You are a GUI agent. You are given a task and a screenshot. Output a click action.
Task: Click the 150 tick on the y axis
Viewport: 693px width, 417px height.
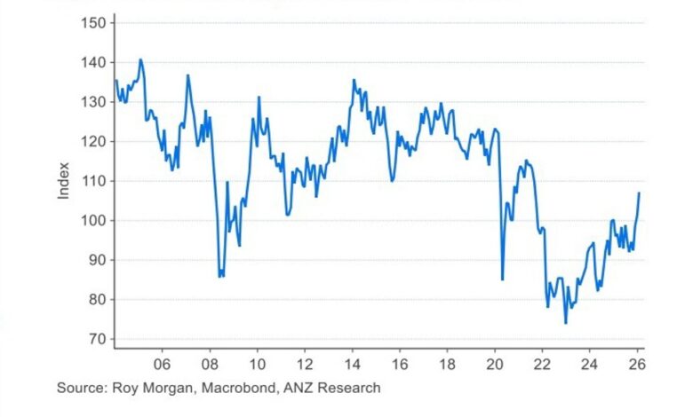(92, 22)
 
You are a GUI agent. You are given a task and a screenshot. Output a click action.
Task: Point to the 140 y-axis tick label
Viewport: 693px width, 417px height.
(92, 62)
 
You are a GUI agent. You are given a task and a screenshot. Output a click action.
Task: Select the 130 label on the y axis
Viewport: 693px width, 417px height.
(92, 102)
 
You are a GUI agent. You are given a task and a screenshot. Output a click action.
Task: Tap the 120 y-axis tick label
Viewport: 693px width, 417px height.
(92, 142)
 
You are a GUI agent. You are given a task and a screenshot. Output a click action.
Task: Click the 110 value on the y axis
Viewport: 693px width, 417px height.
(92, 181)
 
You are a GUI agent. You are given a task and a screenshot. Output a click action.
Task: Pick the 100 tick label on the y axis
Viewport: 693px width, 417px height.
(92, 221)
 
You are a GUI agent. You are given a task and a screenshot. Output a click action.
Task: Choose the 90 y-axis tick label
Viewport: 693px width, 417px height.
(96, 260)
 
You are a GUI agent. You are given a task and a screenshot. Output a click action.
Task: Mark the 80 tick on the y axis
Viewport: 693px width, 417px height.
(96, 300)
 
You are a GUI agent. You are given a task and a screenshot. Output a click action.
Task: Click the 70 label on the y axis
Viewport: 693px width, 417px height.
(96, 339)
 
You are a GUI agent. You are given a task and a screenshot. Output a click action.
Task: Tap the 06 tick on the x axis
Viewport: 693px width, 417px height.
(162, 364)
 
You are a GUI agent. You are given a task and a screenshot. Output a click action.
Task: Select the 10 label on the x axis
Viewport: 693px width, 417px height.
(257, 364)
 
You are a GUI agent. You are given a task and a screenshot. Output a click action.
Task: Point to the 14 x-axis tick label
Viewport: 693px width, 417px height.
(352, 364)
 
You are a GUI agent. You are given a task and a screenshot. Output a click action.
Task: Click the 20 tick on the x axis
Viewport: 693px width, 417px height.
(495, 364)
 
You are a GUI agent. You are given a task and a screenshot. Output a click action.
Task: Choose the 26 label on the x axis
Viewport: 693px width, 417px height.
(637, 364)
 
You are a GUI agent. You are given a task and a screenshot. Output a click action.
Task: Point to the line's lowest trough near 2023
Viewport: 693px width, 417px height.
(565, 323)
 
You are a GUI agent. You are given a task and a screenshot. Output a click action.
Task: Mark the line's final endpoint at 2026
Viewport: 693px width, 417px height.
(639, 193)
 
